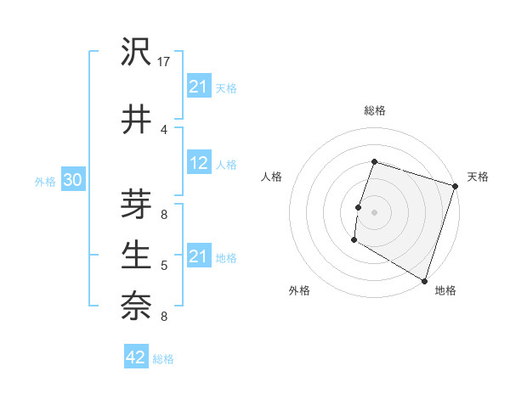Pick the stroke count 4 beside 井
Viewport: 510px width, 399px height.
(164, 129)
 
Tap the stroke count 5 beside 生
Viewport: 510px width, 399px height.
(164, 266)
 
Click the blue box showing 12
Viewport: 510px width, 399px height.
(199, 164)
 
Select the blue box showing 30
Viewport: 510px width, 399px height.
(72, 181)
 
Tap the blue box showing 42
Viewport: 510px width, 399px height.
(136, 357)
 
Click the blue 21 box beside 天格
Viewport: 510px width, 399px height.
(199, 87)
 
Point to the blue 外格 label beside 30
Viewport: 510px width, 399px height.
(44, 182)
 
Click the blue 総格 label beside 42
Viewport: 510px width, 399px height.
(163, 358)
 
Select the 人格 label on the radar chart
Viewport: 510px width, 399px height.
(272, 177)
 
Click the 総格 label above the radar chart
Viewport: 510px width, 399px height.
(374, 110)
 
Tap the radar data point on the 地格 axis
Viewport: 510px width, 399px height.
(423, 280)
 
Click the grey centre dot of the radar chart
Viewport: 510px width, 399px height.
(374, 212)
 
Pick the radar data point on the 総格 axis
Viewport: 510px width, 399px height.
(374, 161)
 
